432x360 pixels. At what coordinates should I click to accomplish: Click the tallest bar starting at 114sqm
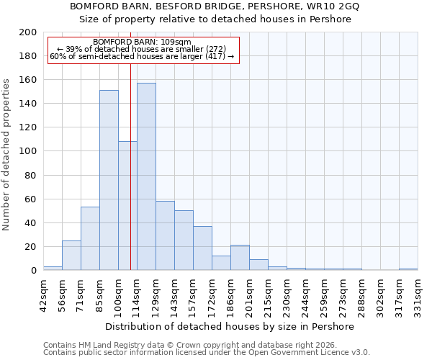[146, 176]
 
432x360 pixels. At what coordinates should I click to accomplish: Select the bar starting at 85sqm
[109, 180]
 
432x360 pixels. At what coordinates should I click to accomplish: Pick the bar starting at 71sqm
[90, 238]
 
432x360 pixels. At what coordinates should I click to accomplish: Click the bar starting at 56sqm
[71, 255]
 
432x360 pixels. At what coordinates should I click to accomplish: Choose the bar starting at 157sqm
[202, 248]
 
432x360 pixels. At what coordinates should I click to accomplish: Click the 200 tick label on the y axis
[28, 32]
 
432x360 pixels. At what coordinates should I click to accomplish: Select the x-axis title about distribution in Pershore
[230, 326]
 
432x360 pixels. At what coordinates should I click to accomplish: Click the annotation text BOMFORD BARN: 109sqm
[143, 42]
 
